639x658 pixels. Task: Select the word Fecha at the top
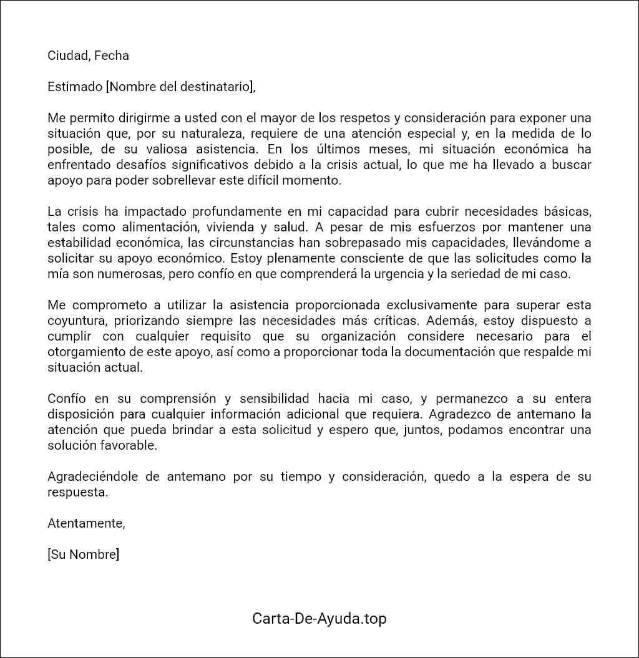[112, 56]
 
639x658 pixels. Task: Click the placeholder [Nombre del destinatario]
[180, 87]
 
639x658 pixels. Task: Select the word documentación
[447, 352]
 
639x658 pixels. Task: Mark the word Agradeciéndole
[95, 477]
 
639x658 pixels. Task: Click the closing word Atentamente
[86, 523]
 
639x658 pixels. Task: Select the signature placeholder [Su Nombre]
[83, 554]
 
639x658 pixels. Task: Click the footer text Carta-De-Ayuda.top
[319, 619]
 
